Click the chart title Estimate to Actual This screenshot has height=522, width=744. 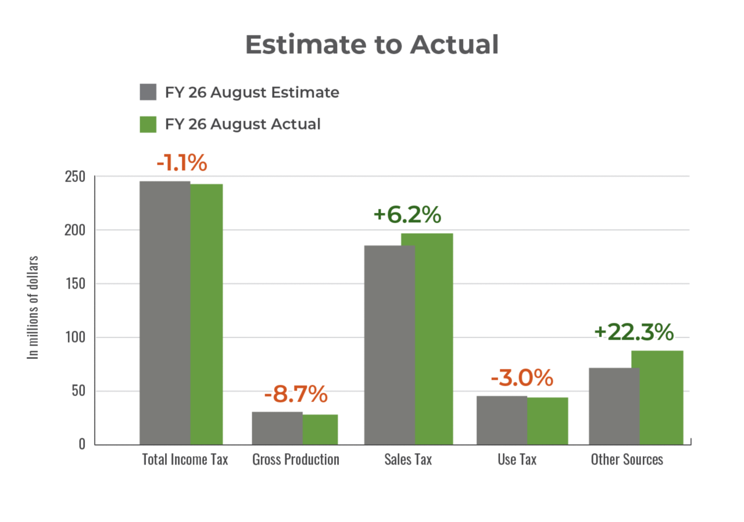point(371,45)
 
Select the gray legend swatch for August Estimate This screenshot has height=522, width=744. point(148,92)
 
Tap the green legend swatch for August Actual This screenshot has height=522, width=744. point(148,124)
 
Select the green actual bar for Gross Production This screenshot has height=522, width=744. point(321,429)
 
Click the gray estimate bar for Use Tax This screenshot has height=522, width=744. point(501,420)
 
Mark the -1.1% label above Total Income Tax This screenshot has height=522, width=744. point(181,163)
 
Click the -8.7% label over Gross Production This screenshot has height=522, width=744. point(295,395)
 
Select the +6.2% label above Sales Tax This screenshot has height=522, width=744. point(407,215)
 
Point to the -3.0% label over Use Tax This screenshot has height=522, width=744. point(521,378)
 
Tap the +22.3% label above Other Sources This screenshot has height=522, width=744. point(634,333)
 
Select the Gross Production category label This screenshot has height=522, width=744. point(295,459)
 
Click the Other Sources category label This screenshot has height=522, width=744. point(627,459)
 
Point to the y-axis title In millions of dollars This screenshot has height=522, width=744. point(35,308)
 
